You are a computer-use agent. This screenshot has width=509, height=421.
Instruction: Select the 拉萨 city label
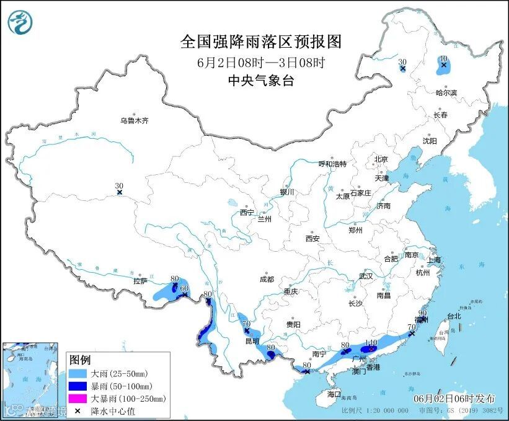point(139,281)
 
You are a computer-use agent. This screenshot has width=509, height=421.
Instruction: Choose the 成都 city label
point(267,279)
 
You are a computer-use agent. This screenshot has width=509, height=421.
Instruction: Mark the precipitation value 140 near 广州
point(371,342)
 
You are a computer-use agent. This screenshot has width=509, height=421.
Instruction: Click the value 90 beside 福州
point(423,313)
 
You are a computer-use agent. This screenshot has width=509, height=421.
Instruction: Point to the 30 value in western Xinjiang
point(119,185)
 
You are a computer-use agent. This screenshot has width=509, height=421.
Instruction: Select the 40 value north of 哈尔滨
point(443,59)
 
